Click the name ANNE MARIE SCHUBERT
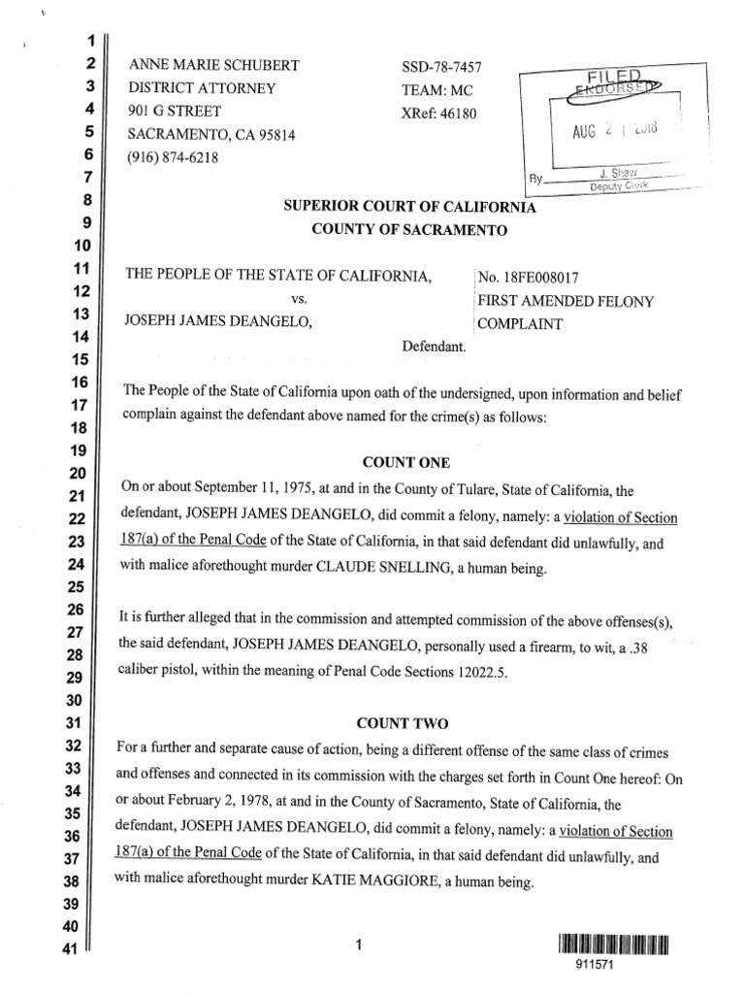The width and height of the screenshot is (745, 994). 213,66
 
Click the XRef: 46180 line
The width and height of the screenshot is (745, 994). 439,112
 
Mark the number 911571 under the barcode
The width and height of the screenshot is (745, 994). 616,967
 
